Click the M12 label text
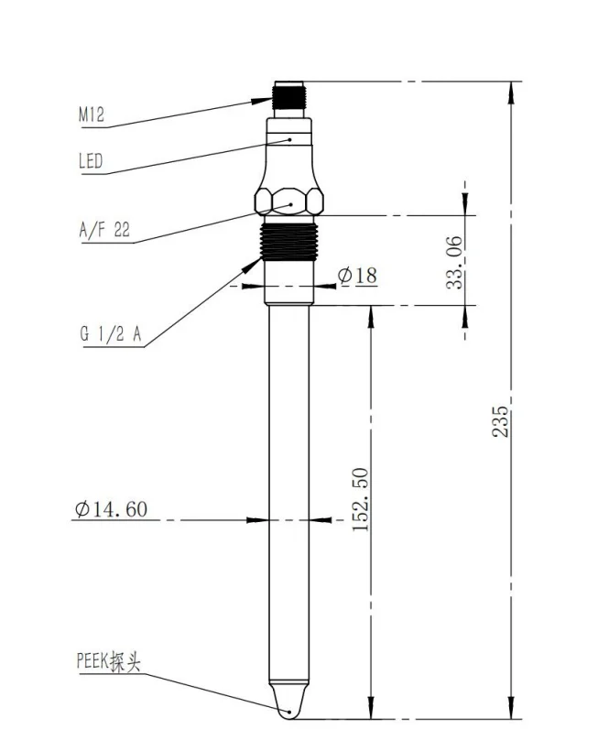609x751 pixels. point(91,114)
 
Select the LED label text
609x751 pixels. point(91,161)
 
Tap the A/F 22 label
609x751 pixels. point(104,230)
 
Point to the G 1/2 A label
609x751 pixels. point(111,333)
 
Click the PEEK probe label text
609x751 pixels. point(109,661)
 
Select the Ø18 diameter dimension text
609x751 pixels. point(357,275)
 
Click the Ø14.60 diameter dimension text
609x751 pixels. point(111,508)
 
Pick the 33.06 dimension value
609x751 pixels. point(454,263)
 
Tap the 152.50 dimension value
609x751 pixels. point(361,499)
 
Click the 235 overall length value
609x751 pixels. point(500,421)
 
